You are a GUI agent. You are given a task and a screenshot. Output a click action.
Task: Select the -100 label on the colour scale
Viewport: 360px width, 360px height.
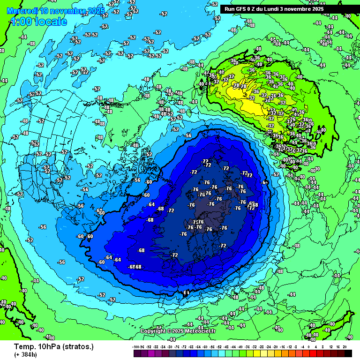(136, 346)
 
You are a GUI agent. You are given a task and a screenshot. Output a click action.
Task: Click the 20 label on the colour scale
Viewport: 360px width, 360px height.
(345, 346)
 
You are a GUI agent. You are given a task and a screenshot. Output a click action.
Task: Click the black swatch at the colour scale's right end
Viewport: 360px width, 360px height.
(348, 352)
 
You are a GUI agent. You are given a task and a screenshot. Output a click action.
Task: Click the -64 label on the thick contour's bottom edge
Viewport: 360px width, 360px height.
(186, 292)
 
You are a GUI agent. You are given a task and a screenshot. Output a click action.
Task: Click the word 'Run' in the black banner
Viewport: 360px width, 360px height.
(230, 9)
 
